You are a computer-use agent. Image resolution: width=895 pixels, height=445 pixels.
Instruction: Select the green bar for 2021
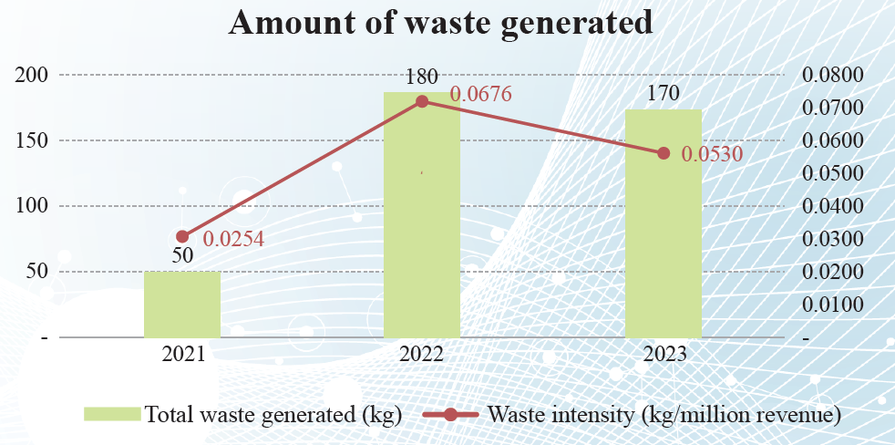[x=182, y=305]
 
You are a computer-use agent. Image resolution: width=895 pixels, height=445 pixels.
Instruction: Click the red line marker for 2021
[x=182, y=237]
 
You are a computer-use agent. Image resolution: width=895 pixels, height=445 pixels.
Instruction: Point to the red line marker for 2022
[x=422, y=101]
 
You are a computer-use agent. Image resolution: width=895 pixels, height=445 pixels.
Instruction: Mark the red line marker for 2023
[x=664, y=153]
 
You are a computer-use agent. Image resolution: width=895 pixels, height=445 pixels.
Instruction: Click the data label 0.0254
[x=233, y=240]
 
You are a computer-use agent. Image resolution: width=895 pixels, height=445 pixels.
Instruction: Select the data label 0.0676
[x=481, y=94]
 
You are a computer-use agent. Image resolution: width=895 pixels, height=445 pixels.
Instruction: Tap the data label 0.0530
[x=713, y=154]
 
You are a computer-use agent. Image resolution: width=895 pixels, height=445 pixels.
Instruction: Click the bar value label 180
[x=422, y=77]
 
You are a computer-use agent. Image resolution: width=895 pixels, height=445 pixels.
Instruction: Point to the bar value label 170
[x=663, y=94]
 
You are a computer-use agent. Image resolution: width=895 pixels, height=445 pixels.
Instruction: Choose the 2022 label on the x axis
[x=421, y=355]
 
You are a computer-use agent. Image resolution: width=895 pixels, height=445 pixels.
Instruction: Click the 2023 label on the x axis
[x=663, y=355]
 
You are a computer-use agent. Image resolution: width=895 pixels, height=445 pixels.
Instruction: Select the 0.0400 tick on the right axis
[x=832, y=206]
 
